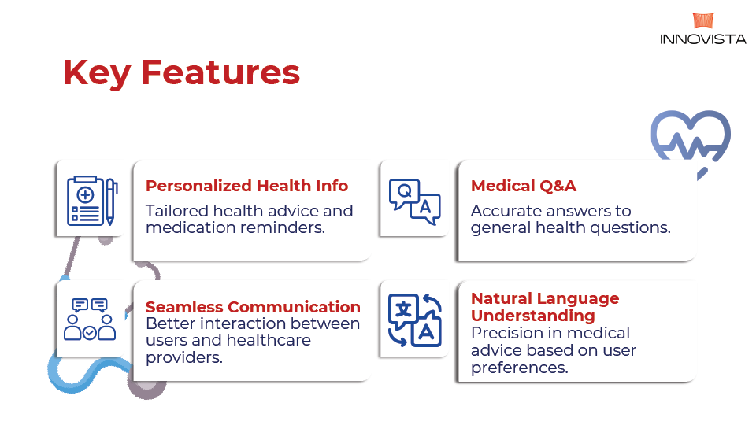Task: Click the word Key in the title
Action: pos(97,73)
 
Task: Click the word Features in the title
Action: pos(220,72)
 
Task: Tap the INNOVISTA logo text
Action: pos(702,39)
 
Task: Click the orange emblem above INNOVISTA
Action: pos(703,20)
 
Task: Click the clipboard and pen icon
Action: pos(92,201)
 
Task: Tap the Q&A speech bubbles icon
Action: pos(415,202)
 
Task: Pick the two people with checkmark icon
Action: pos(90,320)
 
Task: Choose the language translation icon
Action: pos(415,320)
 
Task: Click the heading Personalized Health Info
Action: pos(246,186)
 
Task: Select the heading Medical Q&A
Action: pos(524,186)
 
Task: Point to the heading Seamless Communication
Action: pos(253,306)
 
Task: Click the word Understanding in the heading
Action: pos(533,316)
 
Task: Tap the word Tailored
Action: pos(177,211)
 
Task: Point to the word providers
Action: pos(184,357)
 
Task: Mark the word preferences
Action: pos(520,368)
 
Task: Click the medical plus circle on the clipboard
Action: pos(85,194)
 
